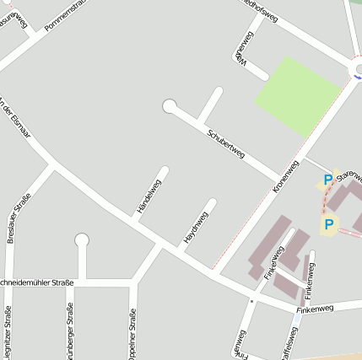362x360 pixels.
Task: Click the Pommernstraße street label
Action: point(66,18)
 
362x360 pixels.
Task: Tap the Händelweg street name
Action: point(148,196)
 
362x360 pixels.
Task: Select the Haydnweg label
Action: point(196,228)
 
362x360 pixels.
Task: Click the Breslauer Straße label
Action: point(19,218)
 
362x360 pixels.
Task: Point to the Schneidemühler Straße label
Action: point(37,282)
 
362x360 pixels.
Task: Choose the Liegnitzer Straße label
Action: point(8,333)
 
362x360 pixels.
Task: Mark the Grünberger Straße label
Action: point(70,333)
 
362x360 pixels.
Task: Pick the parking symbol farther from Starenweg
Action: point(328,224)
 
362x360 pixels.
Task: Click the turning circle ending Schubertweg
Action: point(170,106)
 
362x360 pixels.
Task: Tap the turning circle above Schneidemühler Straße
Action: point(82,240)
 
